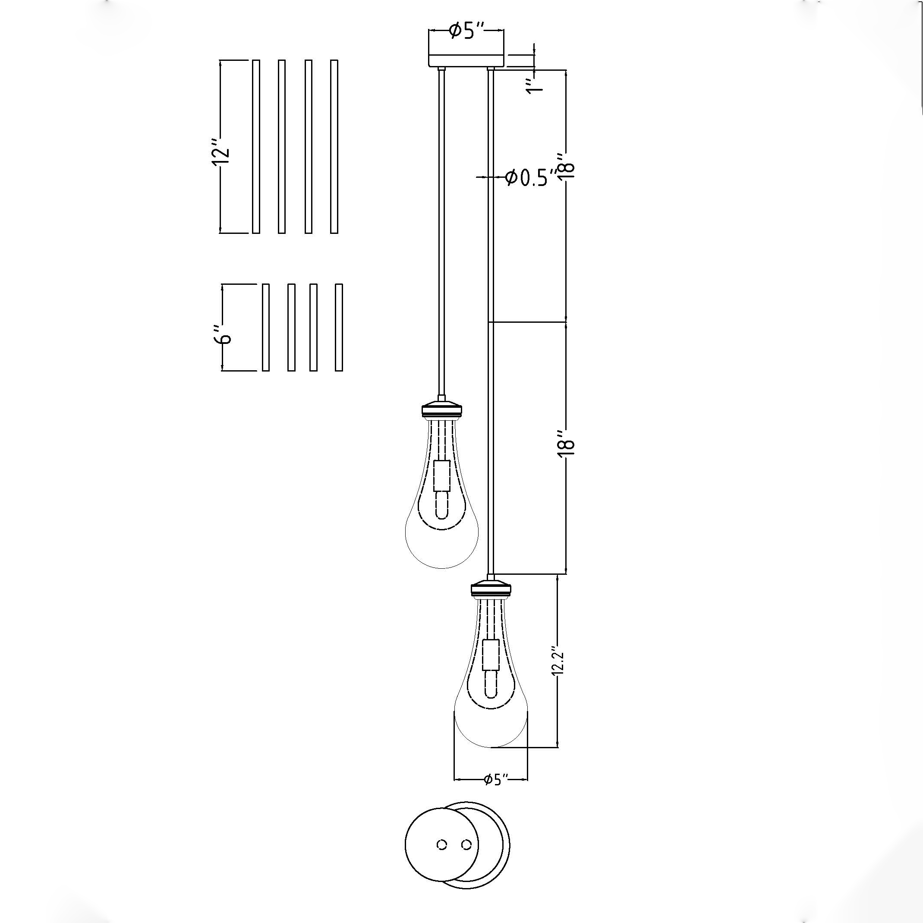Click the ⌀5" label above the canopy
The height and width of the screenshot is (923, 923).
(x=467, y=32)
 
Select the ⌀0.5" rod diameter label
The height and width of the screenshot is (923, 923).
(x=531, y=177)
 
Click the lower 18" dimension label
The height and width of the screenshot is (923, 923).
(x=567, y=445)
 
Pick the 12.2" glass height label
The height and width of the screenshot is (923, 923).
(x=558, y=662)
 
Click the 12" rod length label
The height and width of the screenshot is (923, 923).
(x=221, y=152)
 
